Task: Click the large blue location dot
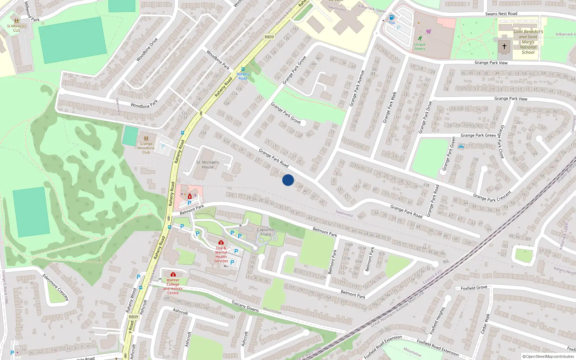tap(288, 180)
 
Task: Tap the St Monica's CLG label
tap(17, 28)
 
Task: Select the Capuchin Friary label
tap(266, 232)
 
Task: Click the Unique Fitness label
tap(420, 47)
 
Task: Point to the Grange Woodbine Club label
tap(146, 148)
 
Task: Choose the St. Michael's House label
tap(208, 165)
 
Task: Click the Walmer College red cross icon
tap(173, 274)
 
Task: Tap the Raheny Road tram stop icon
tap(243, 69)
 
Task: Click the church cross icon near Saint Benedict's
tap(504, 46)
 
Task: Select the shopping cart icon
tap(428, 31)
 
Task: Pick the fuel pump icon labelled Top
tap(392, 17)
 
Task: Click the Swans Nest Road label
tap(501, 14)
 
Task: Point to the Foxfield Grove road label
tap(474, 288)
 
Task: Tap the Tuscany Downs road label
tap(245, 306)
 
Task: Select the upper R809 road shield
tap(269, 37)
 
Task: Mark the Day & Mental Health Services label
tap(221, 255)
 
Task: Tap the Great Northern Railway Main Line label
tap(398, 309)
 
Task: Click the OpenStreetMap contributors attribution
tap(548, 356)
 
